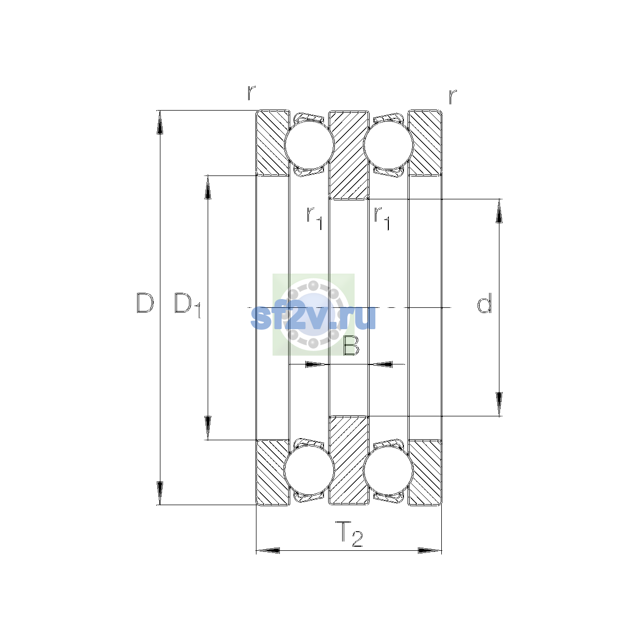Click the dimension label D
[145, 303]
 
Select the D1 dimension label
[188, 305]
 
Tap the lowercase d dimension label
[484, 303]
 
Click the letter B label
[351, 345]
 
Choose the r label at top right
[453, 97]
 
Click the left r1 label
[315, 218]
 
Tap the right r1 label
[382, 218]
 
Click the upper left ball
[309, 145]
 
